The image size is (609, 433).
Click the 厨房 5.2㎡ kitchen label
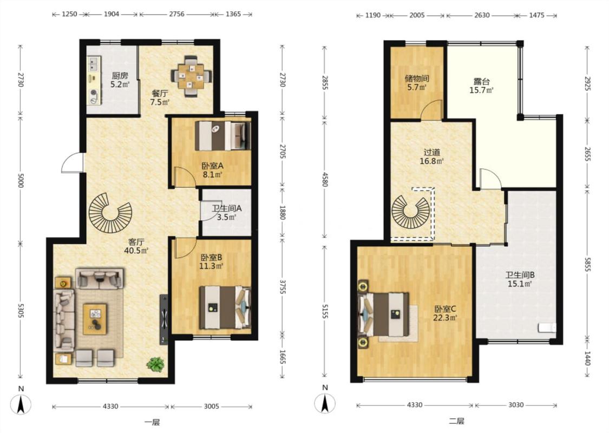click(x=120, y=80)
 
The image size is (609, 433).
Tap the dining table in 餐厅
click(x=192, y=76)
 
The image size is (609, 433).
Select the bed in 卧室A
click(x=222, y=135)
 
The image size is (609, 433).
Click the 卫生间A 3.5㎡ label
click(x=226, y=212)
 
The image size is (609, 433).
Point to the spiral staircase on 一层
click(x=110, y=212)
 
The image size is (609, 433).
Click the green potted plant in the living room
click(x=155, y=364)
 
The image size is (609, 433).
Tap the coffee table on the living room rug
click(x=95, y=319)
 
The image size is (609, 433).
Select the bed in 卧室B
click(x=225, y=307)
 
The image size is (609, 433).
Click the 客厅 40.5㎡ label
click(x=136, y=246)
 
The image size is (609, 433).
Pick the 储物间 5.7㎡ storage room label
click(x=417, y=82)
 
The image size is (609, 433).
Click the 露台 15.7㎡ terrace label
click(x=482, y=86)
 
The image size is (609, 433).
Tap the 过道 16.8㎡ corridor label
click(x=431, y=156)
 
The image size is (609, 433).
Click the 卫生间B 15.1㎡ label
click(x=520, y=279)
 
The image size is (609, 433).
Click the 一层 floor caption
click(x=152, y=422)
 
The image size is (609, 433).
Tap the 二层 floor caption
click(x=456, y=421)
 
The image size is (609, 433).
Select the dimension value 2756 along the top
click(x=176, y=14)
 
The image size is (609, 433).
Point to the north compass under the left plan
click(x=21, y=401)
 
